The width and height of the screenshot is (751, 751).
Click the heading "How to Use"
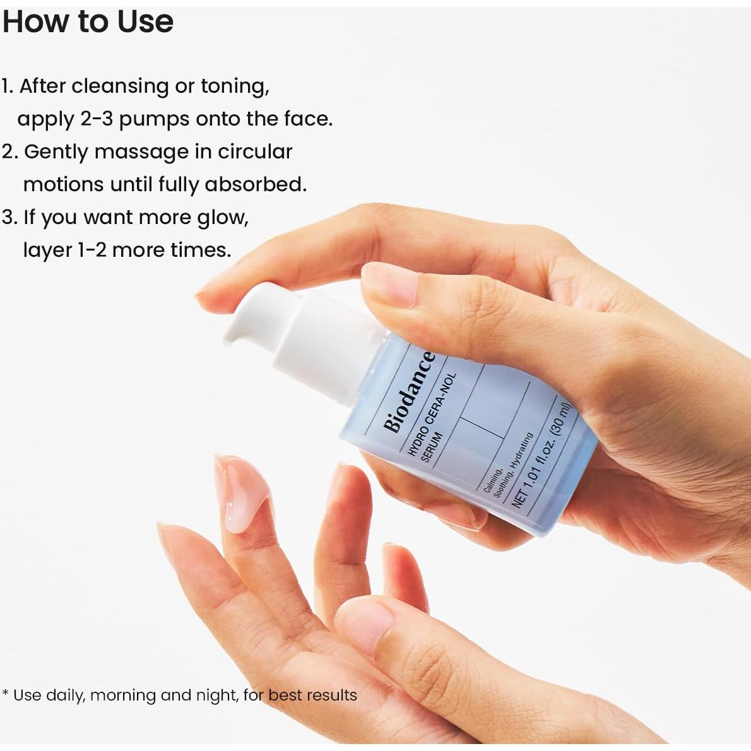click(x=88, y=22)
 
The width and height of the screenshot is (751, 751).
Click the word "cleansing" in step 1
click(x=120, y=86)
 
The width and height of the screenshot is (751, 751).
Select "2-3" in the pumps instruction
click(x=97, y=119)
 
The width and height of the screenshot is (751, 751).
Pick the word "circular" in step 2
click(x=255, y=151)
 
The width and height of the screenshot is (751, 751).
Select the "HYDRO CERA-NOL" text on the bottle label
click(x=429, y=414)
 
